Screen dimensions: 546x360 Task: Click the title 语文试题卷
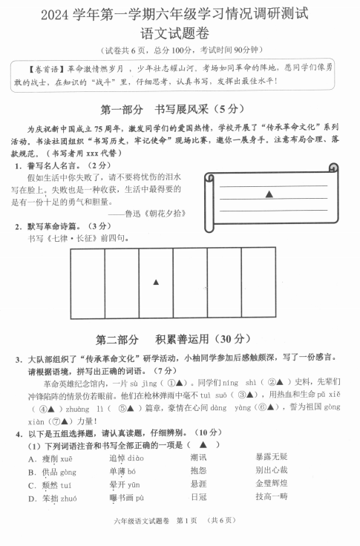(180, 32)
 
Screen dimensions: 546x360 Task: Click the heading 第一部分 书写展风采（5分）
(180, 109)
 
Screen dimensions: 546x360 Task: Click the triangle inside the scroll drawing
(269, 194)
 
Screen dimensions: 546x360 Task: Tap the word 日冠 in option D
(198, 498)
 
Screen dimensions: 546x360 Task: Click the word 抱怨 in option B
(198, 471)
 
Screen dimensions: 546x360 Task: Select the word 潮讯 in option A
(198, 458)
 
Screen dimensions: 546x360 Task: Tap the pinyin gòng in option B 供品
(69, 472)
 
